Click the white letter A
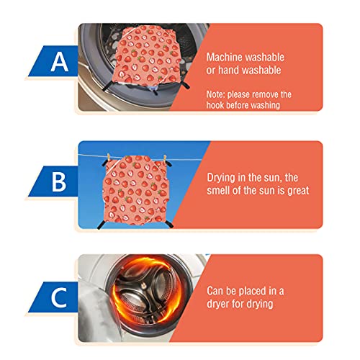point(60,62)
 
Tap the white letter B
point(59,181)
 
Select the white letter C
point(59,298)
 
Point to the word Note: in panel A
point(215,94)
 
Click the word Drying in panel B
point(221,178)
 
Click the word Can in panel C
point(215,291)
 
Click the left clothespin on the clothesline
point(109,158)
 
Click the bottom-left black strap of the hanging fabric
point(101,225)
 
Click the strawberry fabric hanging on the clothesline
point(136,190)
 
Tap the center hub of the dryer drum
point(143,287)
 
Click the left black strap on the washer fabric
point(109,86)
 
